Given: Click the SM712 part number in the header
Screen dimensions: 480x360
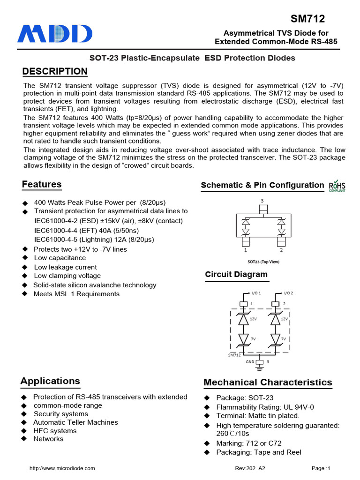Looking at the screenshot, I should point(307,19).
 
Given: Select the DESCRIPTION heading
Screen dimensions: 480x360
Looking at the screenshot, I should point(55,71).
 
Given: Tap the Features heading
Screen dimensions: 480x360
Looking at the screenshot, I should point(42,184).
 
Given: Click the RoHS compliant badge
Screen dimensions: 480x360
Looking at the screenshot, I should point(337,185).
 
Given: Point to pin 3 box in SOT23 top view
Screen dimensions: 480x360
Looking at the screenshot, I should point(262,208).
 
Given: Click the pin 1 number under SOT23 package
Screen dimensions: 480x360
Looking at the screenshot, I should point(244,250).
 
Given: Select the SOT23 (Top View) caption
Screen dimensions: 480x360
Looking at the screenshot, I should point(263,262).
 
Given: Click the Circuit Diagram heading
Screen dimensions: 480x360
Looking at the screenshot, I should point(236,275).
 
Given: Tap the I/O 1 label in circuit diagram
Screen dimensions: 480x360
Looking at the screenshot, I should point(256,293).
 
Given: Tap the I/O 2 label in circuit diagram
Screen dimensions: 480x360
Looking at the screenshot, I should point(288,293).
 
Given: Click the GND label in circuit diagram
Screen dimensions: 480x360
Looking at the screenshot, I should point(250,362).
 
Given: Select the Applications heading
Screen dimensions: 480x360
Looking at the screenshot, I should point(50,381).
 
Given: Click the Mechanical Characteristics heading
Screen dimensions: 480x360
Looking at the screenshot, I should point(268,382).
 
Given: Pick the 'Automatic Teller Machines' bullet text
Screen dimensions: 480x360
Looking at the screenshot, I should point(75,422).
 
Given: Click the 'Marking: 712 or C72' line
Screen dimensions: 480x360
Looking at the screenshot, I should point(248,443).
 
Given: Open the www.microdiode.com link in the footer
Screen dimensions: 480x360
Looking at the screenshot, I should point(62,468).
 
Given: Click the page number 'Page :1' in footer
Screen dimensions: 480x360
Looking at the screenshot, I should point(321,468).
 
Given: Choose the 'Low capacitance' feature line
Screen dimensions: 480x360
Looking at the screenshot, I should point(60,258).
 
